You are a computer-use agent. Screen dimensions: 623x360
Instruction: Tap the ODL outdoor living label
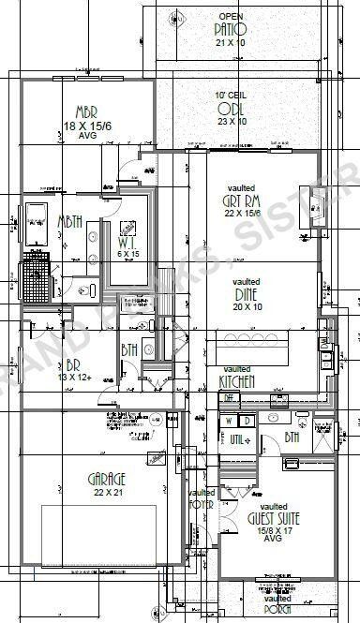[x=231, y=109]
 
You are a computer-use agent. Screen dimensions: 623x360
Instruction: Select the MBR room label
[x=73, y=110]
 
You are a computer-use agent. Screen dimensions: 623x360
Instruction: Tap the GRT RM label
[x=241, y=200]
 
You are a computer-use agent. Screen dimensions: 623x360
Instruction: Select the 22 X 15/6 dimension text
[x=241, y=214]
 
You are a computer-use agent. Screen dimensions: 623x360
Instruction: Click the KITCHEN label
[x=237, y=381]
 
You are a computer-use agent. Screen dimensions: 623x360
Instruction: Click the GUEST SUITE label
[x=273, y=517]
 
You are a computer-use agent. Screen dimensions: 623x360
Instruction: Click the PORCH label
[x=277, y=610]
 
